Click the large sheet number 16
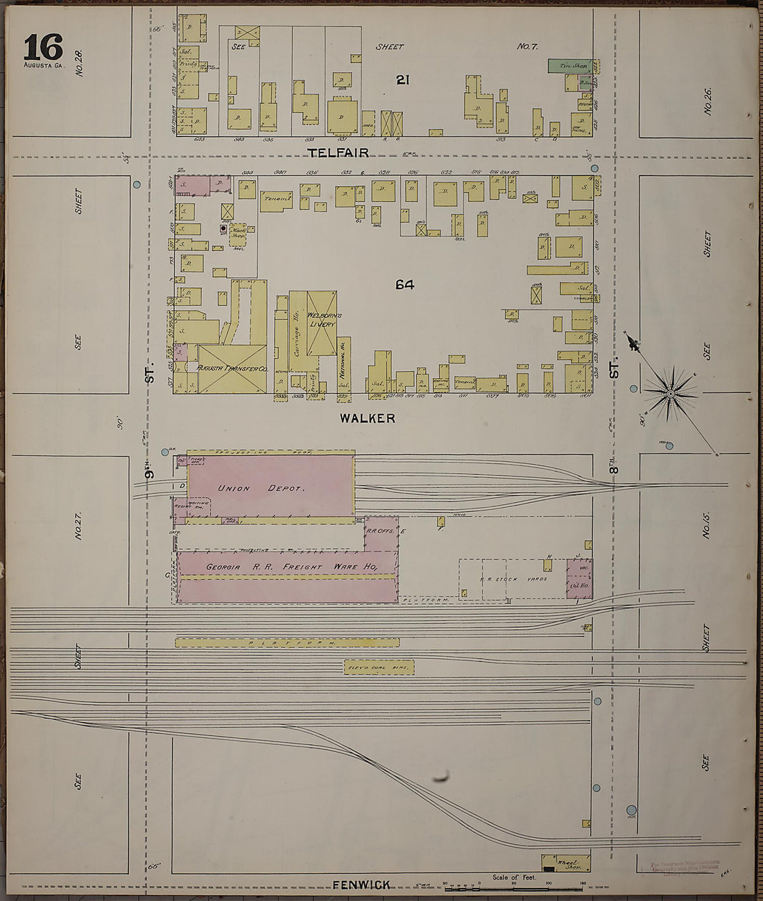(43, 48)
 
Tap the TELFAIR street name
(338, 153)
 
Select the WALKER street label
(367, 418)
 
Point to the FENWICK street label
(361, 884)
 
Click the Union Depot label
(261, 488)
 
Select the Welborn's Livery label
(321, 320)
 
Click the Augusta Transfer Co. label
(232, 368)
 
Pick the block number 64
(405, 284)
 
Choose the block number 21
(402, 80)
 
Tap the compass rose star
(670, 394)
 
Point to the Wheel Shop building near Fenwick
(567, 863)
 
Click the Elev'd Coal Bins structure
(379, 667)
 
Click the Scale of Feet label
(514, 877)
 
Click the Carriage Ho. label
(297, 340)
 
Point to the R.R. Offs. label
(380, 531)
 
